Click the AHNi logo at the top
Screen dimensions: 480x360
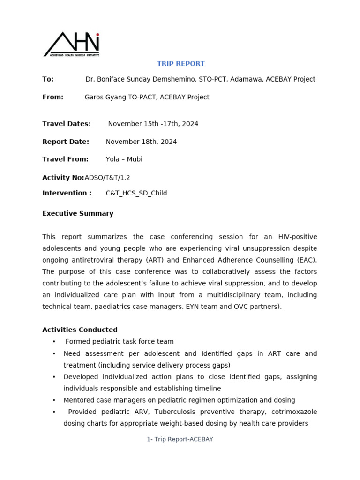pyautogui.click(x=71, y=45)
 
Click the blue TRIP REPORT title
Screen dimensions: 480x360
pyautogui.click(x=180, y=64)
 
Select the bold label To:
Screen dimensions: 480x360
pyautogui.click(x=48, y=79)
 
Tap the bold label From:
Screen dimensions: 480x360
pyautogui.click(x=52, y=97)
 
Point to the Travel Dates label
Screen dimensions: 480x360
pyautogui.click(x=67, y=124)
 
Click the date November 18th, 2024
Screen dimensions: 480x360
pyautogui.click(x=141, y=142)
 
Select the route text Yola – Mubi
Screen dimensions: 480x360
pyautogui.click(x=124, y=159)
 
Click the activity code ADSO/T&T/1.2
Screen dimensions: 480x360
pyautogui.click(x=107, y=177)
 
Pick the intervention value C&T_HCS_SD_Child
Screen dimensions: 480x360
pyautogui.click(x=136, y=193)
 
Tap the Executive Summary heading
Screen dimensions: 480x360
pyautogui.click(x=78, y=213)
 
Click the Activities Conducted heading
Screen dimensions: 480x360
pyautogui.click(x=80, y=330)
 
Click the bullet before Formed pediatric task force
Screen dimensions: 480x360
pyautogui.click(x=54, y=342)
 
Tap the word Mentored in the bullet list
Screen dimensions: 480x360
pyautogui.click(x=80, y=400)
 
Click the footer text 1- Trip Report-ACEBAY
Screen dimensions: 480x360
pyautogui.click(x=180, y=439)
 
